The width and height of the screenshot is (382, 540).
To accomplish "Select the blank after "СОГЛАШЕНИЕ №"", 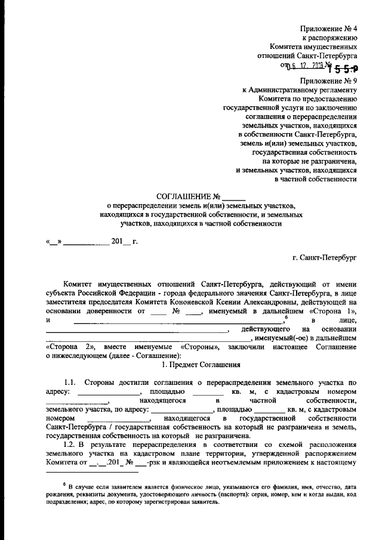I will (234, 197).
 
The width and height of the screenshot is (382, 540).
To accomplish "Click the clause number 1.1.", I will (70, 382).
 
